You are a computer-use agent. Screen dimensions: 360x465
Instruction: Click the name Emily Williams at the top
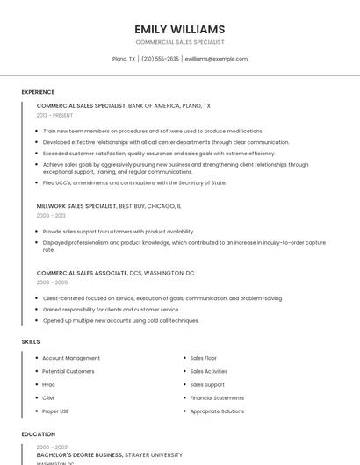(180, 29)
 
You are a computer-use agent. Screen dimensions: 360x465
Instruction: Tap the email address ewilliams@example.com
(216, 59)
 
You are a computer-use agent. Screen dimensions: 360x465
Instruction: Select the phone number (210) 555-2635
(160, 59)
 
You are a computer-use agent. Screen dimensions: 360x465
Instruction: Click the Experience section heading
(38, 92)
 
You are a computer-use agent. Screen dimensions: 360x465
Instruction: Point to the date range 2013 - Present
(54, 115)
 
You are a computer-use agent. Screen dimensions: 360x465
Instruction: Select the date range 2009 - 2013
(51, 215)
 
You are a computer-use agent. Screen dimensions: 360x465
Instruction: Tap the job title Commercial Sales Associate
(82, 273)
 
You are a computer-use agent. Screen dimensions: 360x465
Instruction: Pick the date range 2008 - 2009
(52, 283)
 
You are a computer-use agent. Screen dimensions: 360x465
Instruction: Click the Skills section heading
(31, 340)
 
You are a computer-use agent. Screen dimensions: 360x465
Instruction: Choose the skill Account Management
(71, 358)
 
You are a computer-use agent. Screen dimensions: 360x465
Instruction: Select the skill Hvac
(49, 384)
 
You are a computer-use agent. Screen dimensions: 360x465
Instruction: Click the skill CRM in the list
(48, 397)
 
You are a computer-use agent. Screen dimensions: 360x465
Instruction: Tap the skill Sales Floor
(204, 358)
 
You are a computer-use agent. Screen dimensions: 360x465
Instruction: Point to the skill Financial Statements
(218, 397)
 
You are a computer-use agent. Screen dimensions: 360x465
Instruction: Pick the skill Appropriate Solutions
(217, 411)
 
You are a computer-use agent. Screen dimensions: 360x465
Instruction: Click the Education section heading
(38, 433)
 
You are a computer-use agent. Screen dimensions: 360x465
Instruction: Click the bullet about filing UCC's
(134, 182)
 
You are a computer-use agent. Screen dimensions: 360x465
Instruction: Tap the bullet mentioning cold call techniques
(121, 320)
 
